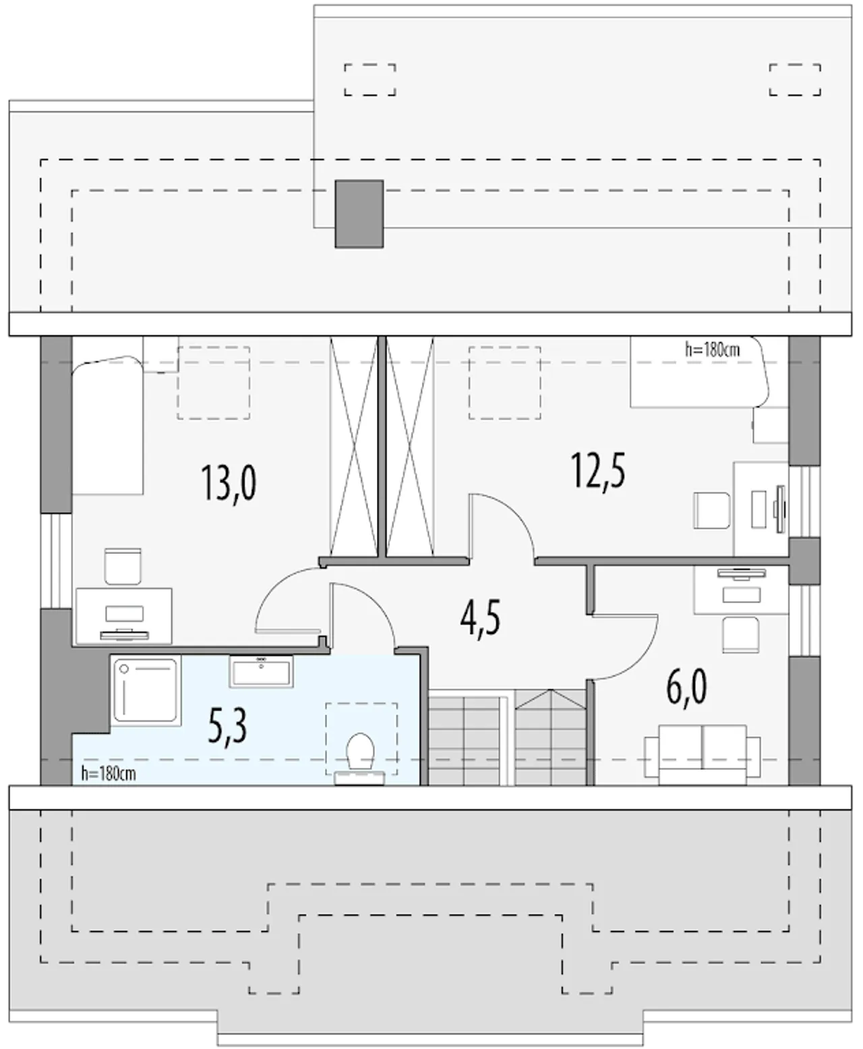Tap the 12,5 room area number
[x=598, y=471]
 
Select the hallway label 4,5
[x=480, y=617]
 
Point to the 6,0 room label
[x=686, y=687]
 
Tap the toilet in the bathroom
[x=359, y=760]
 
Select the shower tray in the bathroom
[x=145, y=691]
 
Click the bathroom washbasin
[x=261, y=671]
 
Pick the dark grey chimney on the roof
[x=359, y=214]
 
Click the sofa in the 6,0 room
[x=703, y=756]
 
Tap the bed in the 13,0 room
[x=108, y=425]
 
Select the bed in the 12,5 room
[x=700, y=372]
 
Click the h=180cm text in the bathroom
[x=109, y=774]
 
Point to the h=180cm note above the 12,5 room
[x=713, y=349]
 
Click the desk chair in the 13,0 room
[x=123, y=566]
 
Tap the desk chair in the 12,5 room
[x=712, y=510]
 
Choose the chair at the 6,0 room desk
[x=741, y=635]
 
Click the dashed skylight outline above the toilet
[x=361, y=739]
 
